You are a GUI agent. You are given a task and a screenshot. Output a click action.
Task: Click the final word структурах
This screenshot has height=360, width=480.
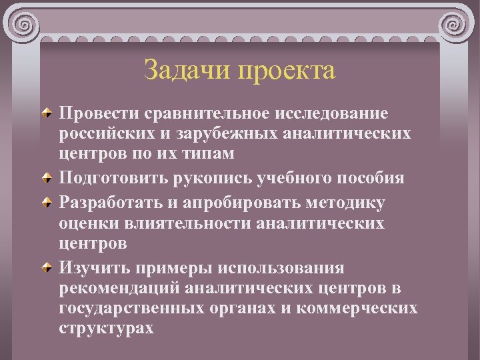tap(106, 328)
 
